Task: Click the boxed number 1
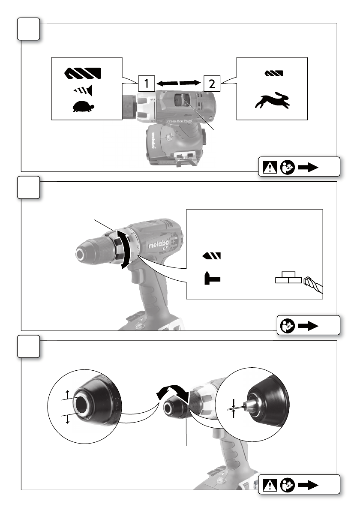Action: point(147,83)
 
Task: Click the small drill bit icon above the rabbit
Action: point(272,74)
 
